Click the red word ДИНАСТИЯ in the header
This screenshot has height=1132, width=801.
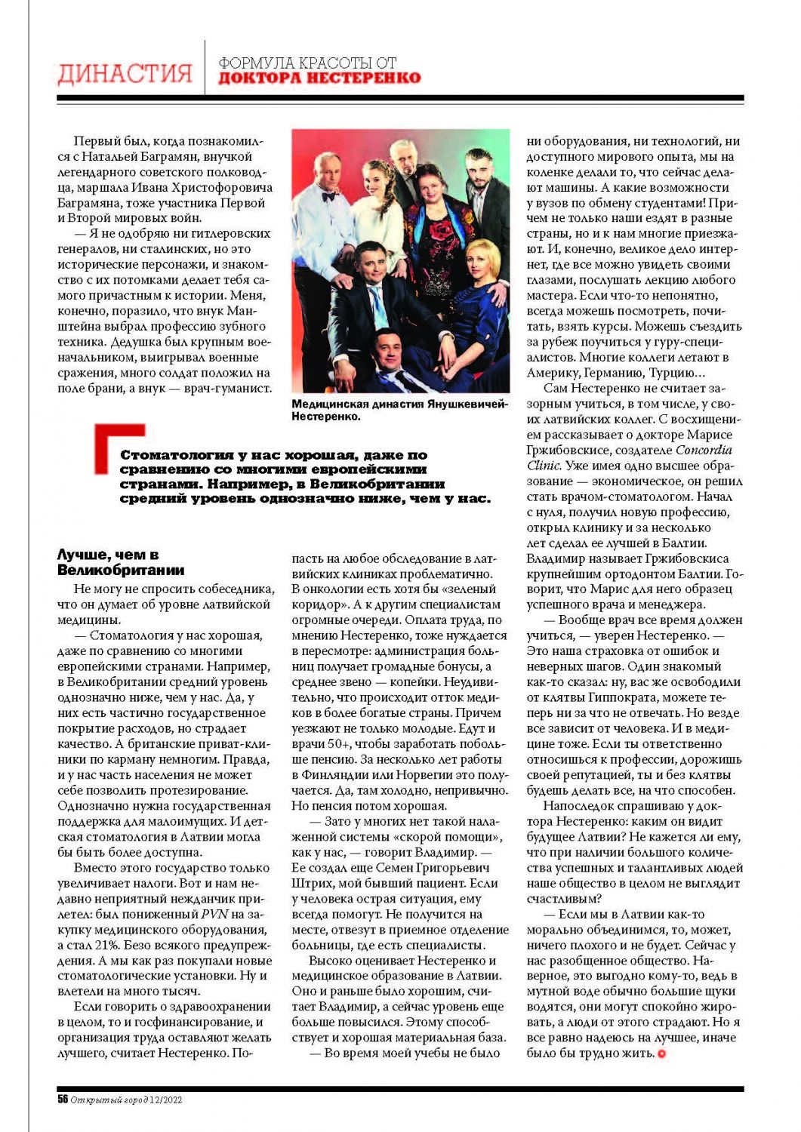[125, 74]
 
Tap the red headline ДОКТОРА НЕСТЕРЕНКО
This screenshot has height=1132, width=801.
[319, 78]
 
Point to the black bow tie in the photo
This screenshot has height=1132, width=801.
[328, 196]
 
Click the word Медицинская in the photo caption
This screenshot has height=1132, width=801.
[328, 405]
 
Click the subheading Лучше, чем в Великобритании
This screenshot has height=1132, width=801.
[121, 563]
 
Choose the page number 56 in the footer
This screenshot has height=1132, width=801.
[63, 1100]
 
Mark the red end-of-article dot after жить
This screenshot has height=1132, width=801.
[662, 1054]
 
